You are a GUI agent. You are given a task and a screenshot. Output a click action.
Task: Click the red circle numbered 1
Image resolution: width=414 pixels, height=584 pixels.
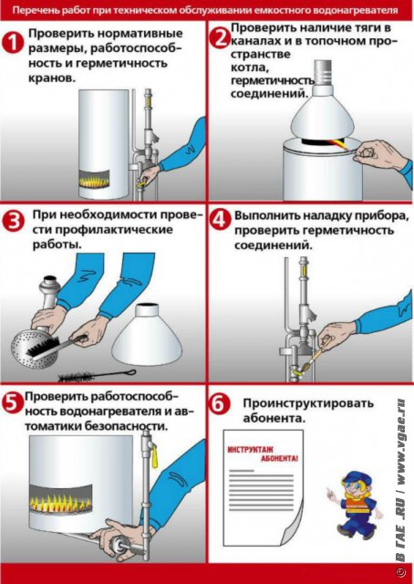[x=13, y=43]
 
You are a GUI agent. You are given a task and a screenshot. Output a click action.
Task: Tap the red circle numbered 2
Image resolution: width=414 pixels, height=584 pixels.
[x=219, y=38]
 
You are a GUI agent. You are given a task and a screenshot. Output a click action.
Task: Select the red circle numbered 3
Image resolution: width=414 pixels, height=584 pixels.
[x=13, y=222]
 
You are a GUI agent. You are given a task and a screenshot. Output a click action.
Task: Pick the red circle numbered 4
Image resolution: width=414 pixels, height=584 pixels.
[x=220, y=220]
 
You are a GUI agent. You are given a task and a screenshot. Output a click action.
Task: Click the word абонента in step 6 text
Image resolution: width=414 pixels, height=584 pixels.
[x=274, y=418]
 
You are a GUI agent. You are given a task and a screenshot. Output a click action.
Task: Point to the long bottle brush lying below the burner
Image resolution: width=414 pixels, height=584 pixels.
[x=97, y=375]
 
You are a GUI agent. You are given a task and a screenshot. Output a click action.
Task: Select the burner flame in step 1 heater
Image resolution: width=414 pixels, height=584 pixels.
[x=94, y=181]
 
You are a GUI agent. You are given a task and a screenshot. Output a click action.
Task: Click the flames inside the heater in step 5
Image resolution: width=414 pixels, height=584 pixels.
[x=60, y=503]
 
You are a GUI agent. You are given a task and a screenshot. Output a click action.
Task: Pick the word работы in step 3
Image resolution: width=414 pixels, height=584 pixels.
[x=57, y=245]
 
